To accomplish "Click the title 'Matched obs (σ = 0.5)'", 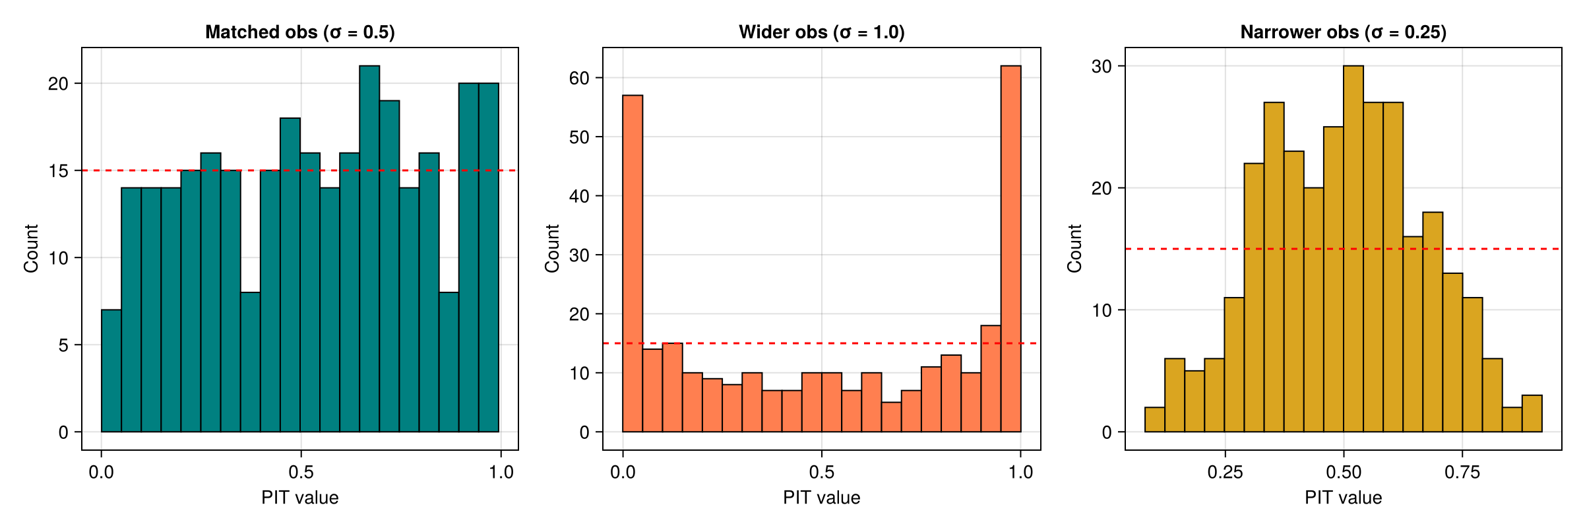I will tap(300, 32).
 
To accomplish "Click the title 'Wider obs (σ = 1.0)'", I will tap(821, 32).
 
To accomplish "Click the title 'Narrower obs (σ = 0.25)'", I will tap(1343, 32).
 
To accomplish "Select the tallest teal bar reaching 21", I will tap(369, 251).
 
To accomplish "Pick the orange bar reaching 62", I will tap(1010, 251).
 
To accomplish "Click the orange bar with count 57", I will tap(633, 264).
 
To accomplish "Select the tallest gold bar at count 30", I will tap(1353, 251).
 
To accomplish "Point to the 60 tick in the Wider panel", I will tap(578, 78).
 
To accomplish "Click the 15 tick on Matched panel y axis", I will tap(58, 171).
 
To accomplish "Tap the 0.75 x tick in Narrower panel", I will tap(1462, 472).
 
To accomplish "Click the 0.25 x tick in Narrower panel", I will tap(1225, 472).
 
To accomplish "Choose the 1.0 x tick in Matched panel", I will tap(501, 472).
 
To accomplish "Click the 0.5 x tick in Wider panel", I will tap(822, 472).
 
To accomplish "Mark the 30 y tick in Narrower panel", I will tap(1102, 66).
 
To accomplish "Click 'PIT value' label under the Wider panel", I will tap(821, 498).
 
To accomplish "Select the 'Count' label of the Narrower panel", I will tap(1074, 248).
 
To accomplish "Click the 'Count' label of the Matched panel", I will tap(31, 248).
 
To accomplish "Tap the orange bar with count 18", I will tap(991, 379).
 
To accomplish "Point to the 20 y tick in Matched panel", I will tap(58, 84).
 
